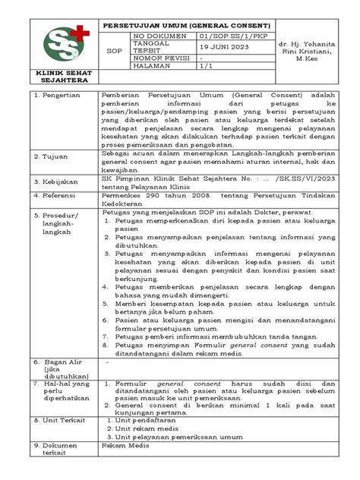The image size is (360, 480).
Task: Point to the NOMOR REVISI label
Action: (x=159, y=58)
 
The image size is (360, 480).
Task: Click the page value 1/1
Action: (x=207, y=68)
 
